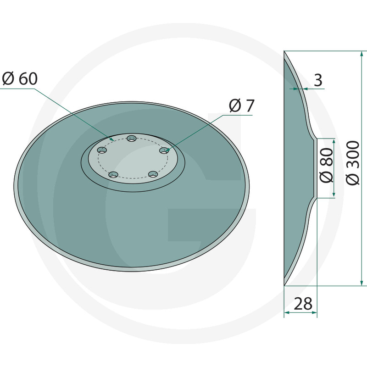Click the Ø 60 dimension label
coord(20,78)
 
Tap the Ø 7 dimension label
coord(242,106)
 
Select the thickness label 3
coord(318,80)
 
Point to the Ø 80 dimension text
coord(326,165)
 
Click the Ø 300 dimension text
coord(353,163)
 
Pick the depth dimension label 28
coord(303,304)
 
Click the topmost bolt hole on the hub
coord(132,139)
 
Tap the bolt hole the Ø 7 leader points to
coord(164,151)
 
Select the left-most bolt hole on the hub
coord(102,150)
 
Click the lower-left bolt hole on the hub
coord(113,175)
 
